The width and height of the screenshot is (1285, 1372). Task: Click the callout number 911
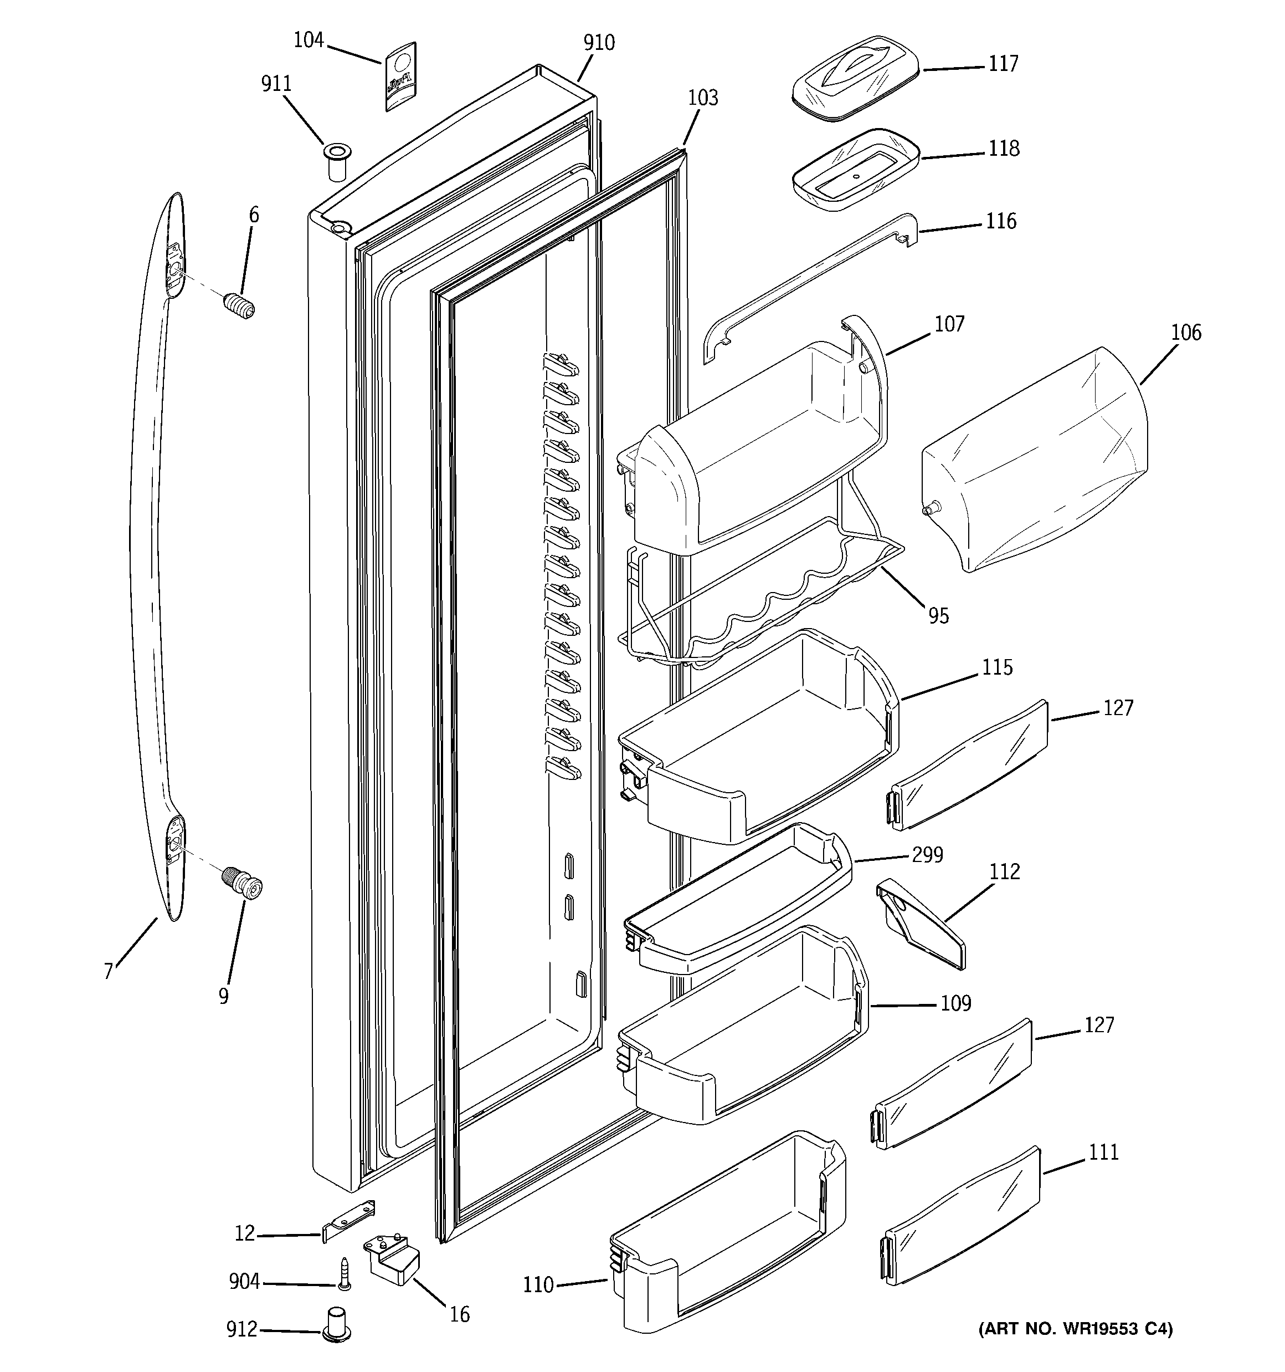[x=276, y=84]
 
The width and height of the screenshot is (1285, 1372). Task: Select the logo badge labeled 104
[x=400, y=76]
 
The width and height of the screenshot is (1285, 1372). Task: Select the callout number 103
[x=703, y=98]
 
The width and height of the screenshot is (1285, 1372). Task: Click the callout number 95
[x=938, y=616]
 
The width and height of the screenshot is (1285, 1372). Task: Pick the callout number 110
[x=538, y=1284]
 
